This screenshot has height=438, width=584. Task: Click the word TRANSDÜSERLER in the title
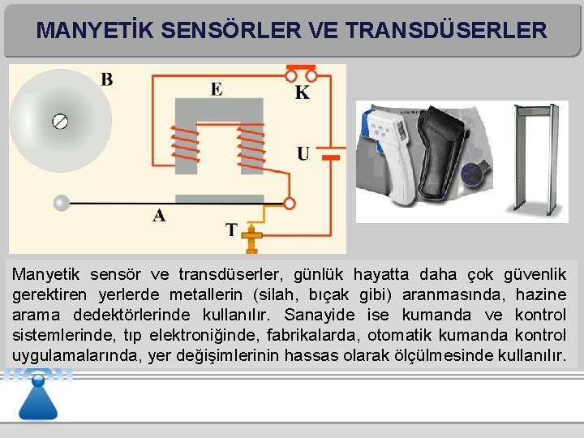tap(445, 31)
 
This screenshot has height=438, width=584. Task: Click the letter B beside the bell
tap(106, 79)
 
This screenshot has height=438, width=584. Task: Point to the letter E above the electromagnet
tap(217, 88)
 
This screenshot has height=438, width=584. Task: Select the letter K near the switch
tap(302, 92)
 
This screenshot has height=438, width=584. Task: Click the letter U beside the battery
tap(303, 153)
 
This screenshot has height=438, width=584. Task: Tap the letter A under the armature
tap(159, 216)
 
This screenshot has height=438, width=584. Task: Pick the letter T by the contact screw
tap(231, 230)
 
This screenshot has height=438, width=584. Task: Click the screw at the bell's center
tap(60, 122)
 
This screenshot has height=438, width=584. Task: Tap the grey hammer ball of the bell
tap(61, 203)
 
